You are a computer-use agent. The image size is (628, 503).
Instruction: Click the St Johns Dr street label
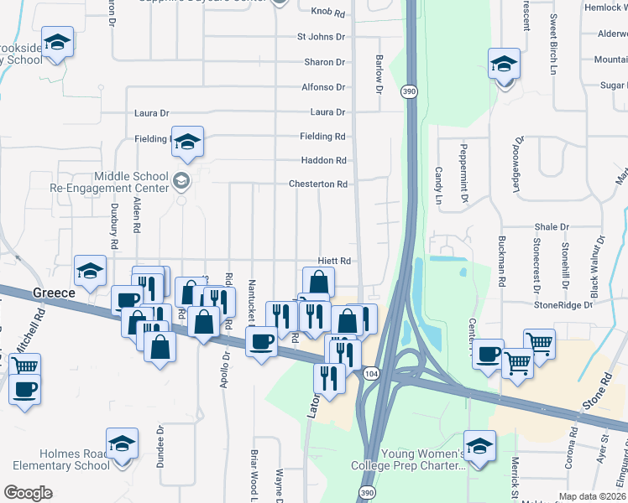321,37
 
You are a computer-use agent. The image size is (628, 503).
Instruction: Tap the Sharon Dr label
324,62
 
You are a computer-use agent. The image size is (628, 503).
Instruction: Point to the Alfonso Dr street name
323,87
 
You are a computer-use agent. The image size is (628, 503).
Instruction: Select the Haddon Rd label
323,160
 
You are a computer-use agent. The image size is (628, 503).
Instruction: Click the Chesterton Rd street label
317,184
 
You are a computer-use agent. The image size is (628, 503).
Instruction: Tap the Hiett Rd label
333,261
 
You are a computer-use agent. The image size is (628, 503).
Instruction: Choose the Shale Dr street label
552,227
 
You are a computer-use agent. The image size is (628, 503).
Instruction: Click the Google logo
28,492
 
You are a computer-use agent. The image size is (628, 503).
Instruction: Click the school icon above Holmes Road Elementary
122,443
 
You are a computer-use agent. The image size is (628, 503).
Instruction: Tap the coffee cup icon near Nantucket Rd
261,340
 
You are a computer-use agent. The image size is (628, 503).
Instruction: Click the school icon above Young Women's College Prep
479,445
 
